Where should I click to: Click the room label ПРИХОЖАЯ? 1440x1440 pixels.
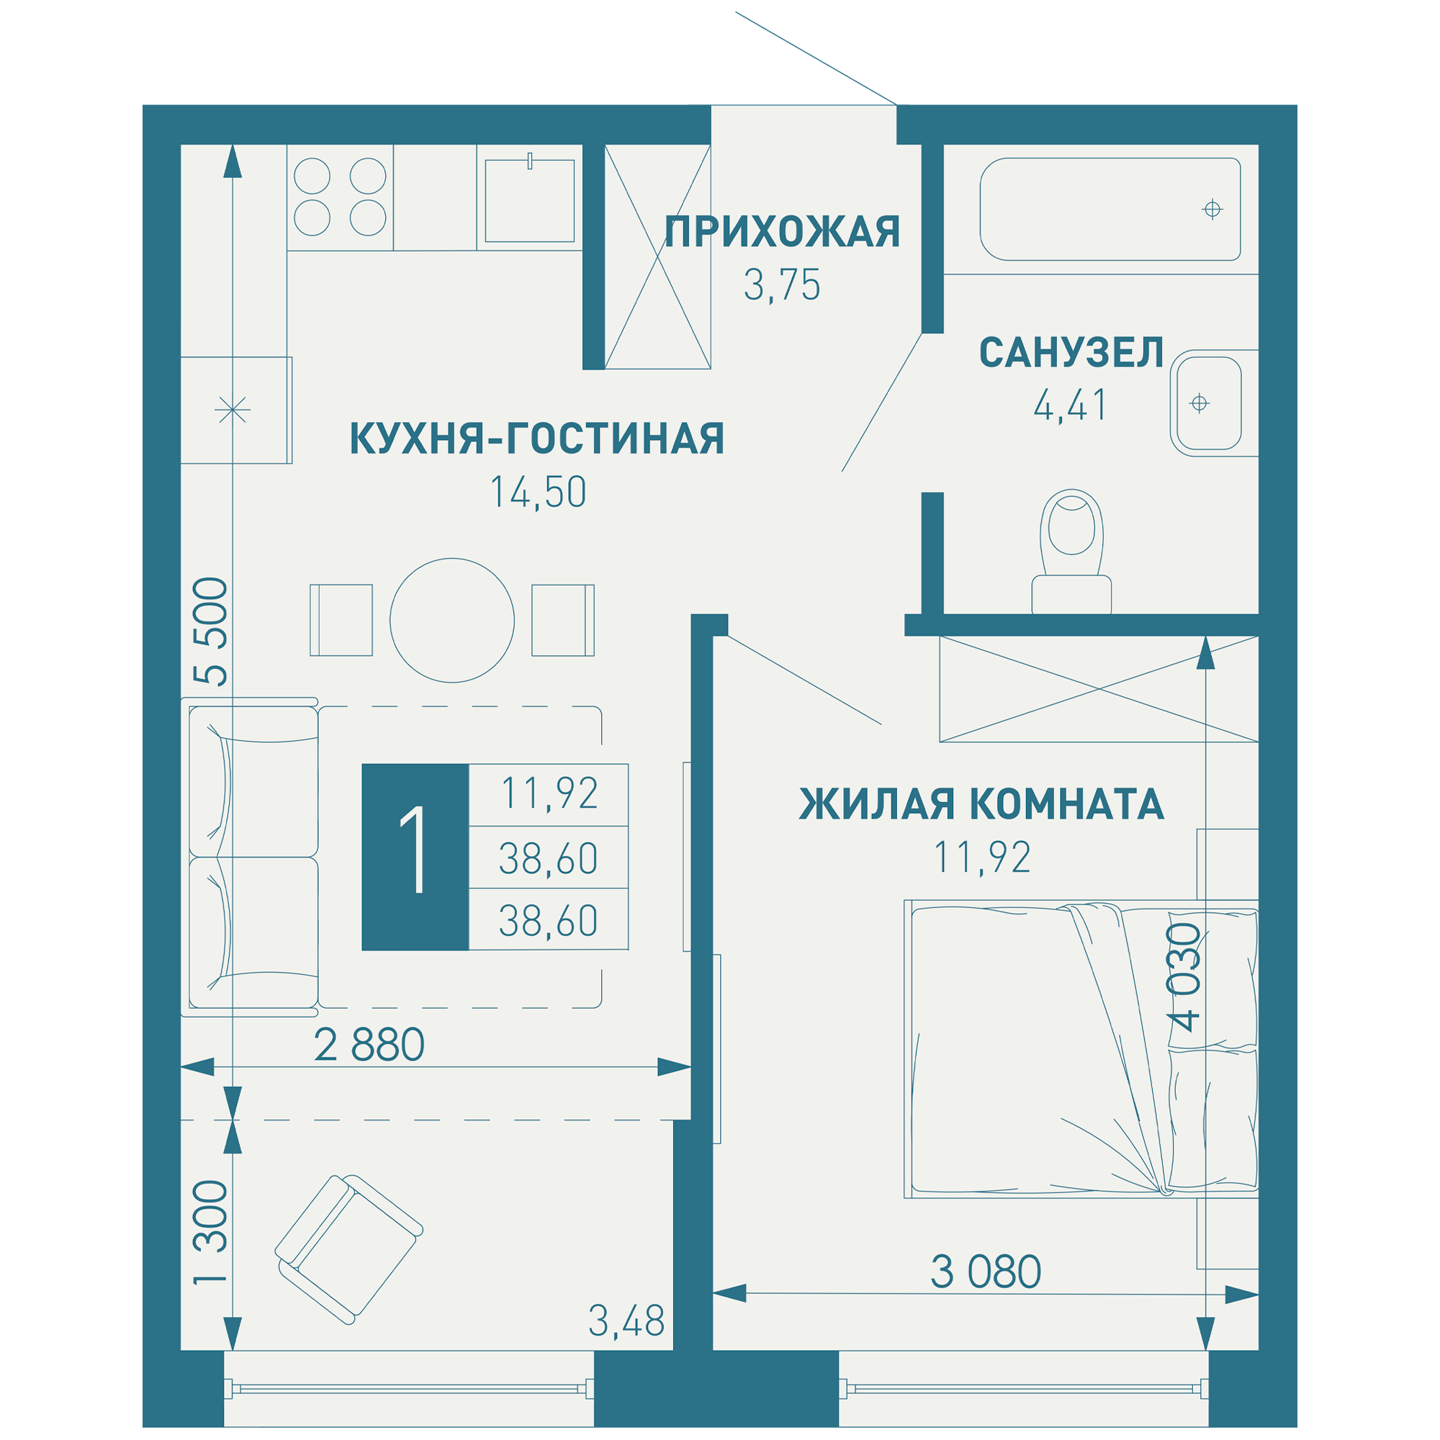(x=782, y=232)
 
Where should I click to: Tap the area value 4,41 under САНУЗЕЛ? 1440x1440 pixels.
(x=1071, y=405)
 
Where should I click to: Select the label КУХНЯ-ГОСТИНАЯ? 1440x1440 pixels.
(x=536, y=438)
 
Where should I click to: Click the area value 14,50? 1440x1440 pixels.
(x=537, y=492)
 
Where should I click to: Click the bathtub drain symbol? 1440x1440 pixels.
(x=1212, y=210)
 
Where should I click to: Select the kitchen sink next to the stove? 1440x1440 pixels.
(x=529, y=200)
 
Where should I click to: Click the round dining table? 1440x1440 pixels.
(x=451, y=620)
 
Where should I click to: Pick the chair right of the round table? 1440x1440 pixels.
(x=563, y=620)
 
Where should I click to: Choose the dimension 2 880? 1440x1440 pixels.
(x=369, y=1045)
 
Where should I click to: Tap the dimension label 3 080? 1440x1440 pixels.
(x=986, y=1272)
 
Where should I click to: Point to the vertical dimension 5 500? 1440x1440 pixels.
(x=210, y=631)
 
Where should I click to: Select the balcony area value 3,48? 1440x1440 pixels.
(x=626, y=1321)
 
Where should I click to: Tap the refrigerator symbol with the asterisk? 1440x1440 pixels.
(x=233, y=410)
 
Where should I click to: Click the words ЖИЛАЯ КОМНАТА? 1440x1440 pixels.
(x=981, y=804)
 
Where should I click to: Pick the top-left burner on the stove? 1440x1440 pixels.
(x=312, y=176)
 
